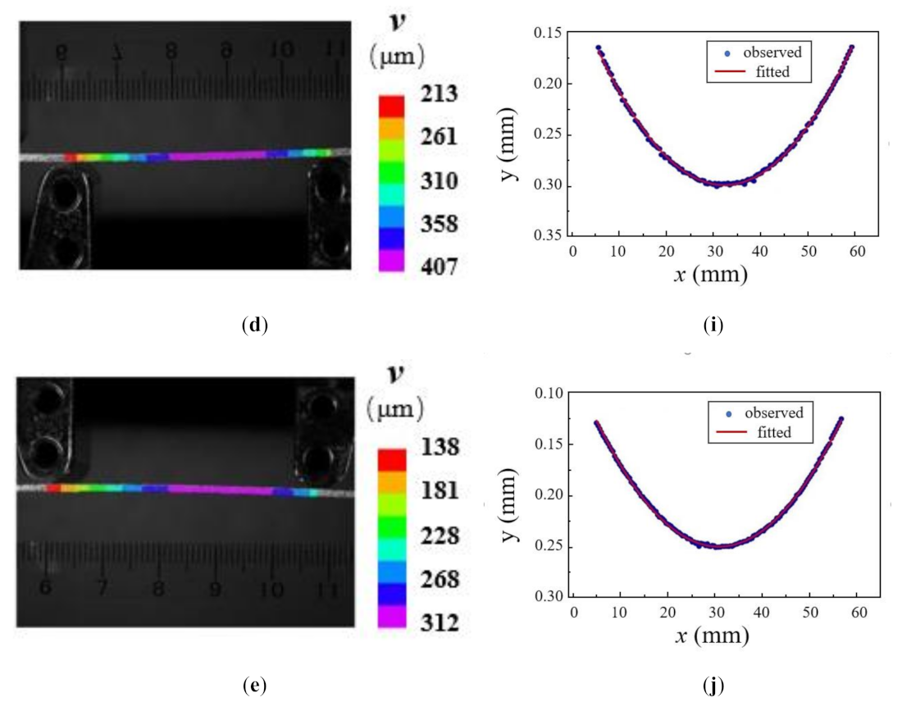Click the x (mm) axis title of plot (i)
[712, 274]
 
